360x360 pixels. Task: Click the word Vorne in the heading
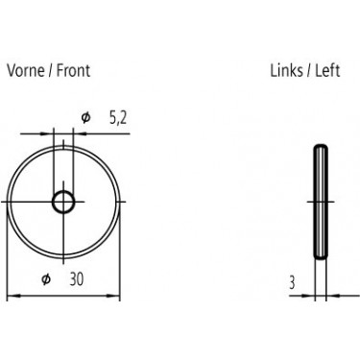(26, 70)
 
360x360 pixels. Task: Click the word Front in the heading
(73, 70)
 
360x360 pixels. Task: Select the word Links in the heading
(287, 70)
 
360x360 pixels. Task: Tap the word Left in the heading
(327, 70)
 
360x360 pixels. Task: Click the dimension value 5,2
(118, 118)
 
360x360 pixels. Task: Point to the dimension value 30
(77, 279)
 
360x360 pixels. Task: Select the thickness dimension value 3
(292, 283)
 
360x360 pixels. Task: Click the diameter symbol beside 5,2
(85, 118)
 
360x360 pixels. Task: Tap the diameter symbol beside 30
(46, 279)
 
